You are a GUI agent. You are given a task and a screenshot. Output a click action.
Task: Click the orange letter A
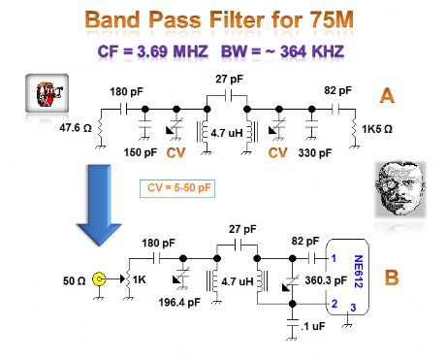pos(386,96)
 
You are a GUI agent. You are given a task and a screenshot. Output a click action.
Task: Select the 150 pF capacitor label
pos(138,152)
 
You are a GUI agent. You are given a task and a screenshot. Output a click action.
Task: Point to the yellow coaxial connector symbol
pos(98,280)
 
